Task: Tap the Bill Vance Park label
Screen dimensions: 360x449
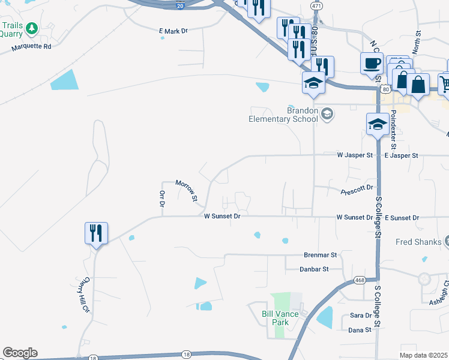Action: (276, 318)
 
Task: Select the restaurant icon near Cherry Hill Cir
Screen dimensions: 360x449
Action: (96, 233)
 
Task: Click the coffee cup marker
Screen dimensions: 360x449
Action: (372, 63)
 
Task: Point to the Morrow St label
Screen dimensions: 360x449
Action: (186, 190)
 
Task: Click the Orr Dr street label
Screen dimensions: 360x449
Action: (161, 199)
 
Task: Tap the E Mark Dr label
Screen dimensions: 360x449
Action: (173, 31)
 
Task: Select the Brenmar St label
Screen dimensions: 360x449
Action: (321, 255)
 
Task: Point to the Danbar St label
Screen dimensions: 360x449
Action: (314, 269)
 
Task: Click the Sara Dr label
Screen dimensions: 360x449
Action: (361, 316)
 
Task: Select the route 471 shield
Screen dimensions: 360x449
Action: (316, 5)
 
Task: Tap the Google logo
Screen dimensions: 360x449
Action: (20, 353)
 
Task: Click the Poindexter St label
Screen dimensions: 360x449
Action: (393, 129)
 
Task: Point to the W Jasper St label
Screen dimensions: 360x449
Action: (354, 155)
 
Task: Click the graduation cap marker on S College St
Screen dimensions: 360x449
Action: (377, 125)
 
